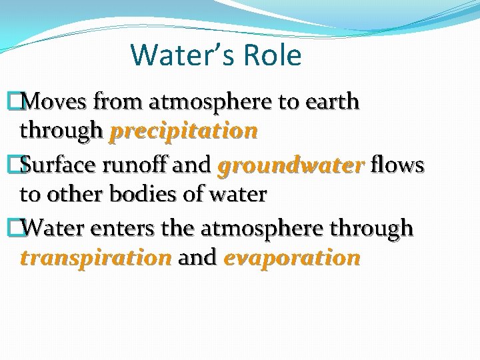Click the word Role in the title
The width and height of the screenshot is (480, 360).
click(273, 55)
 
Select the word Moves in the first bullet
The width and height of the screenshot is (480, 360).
click(56, 102)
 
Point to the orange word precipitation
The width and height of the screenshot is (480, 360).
click(183, 131)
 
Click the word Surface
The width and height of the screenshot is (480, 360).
click(59, 164)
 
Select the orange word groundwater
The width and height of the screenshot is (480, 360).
click(291, 164)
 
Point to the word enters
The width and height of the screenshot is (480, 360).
click(113, 228)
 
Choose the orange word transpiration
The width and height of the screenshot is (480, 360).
click(96, 258)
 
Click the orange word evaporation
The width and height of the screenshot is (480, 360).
click(292, 258)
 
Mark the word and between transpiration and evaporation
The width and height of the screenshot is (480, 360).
click(197, 258)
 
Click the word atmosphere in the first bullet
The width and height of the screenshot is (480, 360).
click(210, 102)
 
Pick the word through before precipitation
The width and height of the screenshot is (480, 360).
click(62, 131)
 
